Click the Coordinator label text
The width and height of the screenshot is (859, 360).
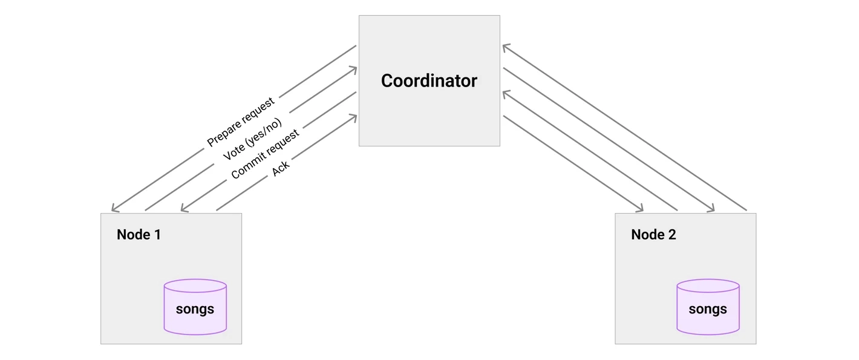pyautogui.click(x=429, y=80)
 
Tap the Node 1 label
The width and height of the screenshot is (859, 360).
pyautogui.click(x=139, y=234)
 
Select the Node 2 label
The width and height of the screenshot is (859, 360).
pyautogui.click(x=653, y=234)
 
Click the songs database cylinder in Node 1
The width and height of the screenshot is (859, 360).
pyautogui.click(x=195, y=307)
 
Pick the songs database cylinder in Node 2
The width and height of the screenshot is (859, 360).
pyautogui.click(x=708, y=307)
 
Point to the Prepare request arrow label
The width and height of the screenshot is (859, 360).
pyautogui.click(x=241, y=122)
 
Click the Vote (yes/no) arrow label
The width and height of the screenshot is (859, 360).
pyautogui.click(x=252, y=139)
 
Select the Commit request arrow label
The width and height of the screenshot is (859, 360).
pyautogui.click(x=265, y=154)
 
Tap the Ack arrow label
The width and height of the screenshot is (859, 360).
pyautogui.click(x=281, y=168)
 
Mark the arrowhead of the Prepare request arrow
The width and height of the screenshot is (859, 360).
pyautogui.click(x=112, y=211)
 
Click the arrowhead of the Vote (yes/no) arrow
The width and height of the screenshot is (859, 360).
pyautogui.click(x=357, y=68)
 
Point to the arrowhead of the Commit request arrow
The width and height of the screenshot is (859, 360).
pyautogui.click(x=181, y=211)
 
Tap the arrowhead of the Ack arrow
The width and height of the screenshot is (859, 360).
pyautogui.click(x=357, y=116)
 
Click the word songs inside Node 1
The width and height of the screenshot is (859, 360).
pyautogui.click(x=195, y=309)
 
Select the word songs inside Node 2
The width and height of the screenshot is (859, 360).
pyautogui.click(x=708, y=309)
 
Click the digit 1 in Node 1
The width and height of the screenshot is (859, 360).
pyautogui.click(x=157, y=234)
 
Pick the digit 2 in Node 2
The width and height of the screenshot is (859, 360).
pyautogui.click(x=672, y=234)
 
